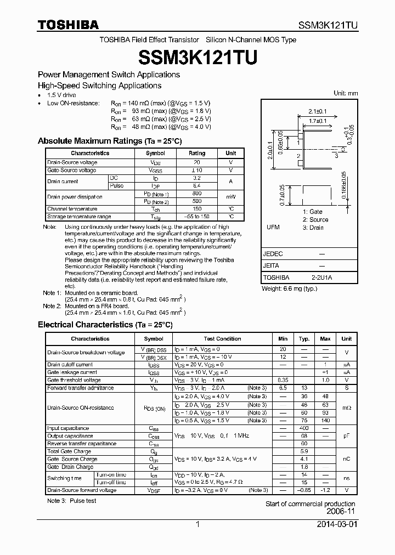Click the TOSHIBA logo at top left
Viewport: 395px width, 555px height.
68,25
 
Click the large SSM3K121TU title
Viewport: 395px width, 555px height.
198,56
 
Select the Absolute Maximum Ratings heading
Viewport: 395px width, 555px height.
109,141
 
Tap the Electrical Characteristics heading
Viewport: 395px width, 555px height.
105,325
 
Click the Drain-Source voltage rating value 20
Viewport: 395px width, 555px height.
197,162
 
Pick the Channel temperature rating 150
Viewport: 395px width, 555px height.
197,209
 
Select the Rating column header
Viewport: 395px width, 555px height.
197,154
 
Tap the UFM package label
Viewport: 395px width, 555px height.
273,228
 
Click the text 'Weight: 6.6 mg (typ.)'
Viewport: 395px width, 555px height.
289,288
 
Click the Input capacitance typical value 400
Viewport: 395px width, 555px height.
304,428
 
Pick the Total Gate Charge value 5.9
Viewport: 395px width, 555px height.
304,451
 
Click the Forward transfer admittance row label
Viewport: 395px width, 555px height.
80,388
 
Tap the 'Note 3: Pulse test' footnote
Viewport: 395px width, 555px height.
71,501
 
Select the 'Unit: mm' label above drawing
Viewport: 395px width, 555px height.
346,93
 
